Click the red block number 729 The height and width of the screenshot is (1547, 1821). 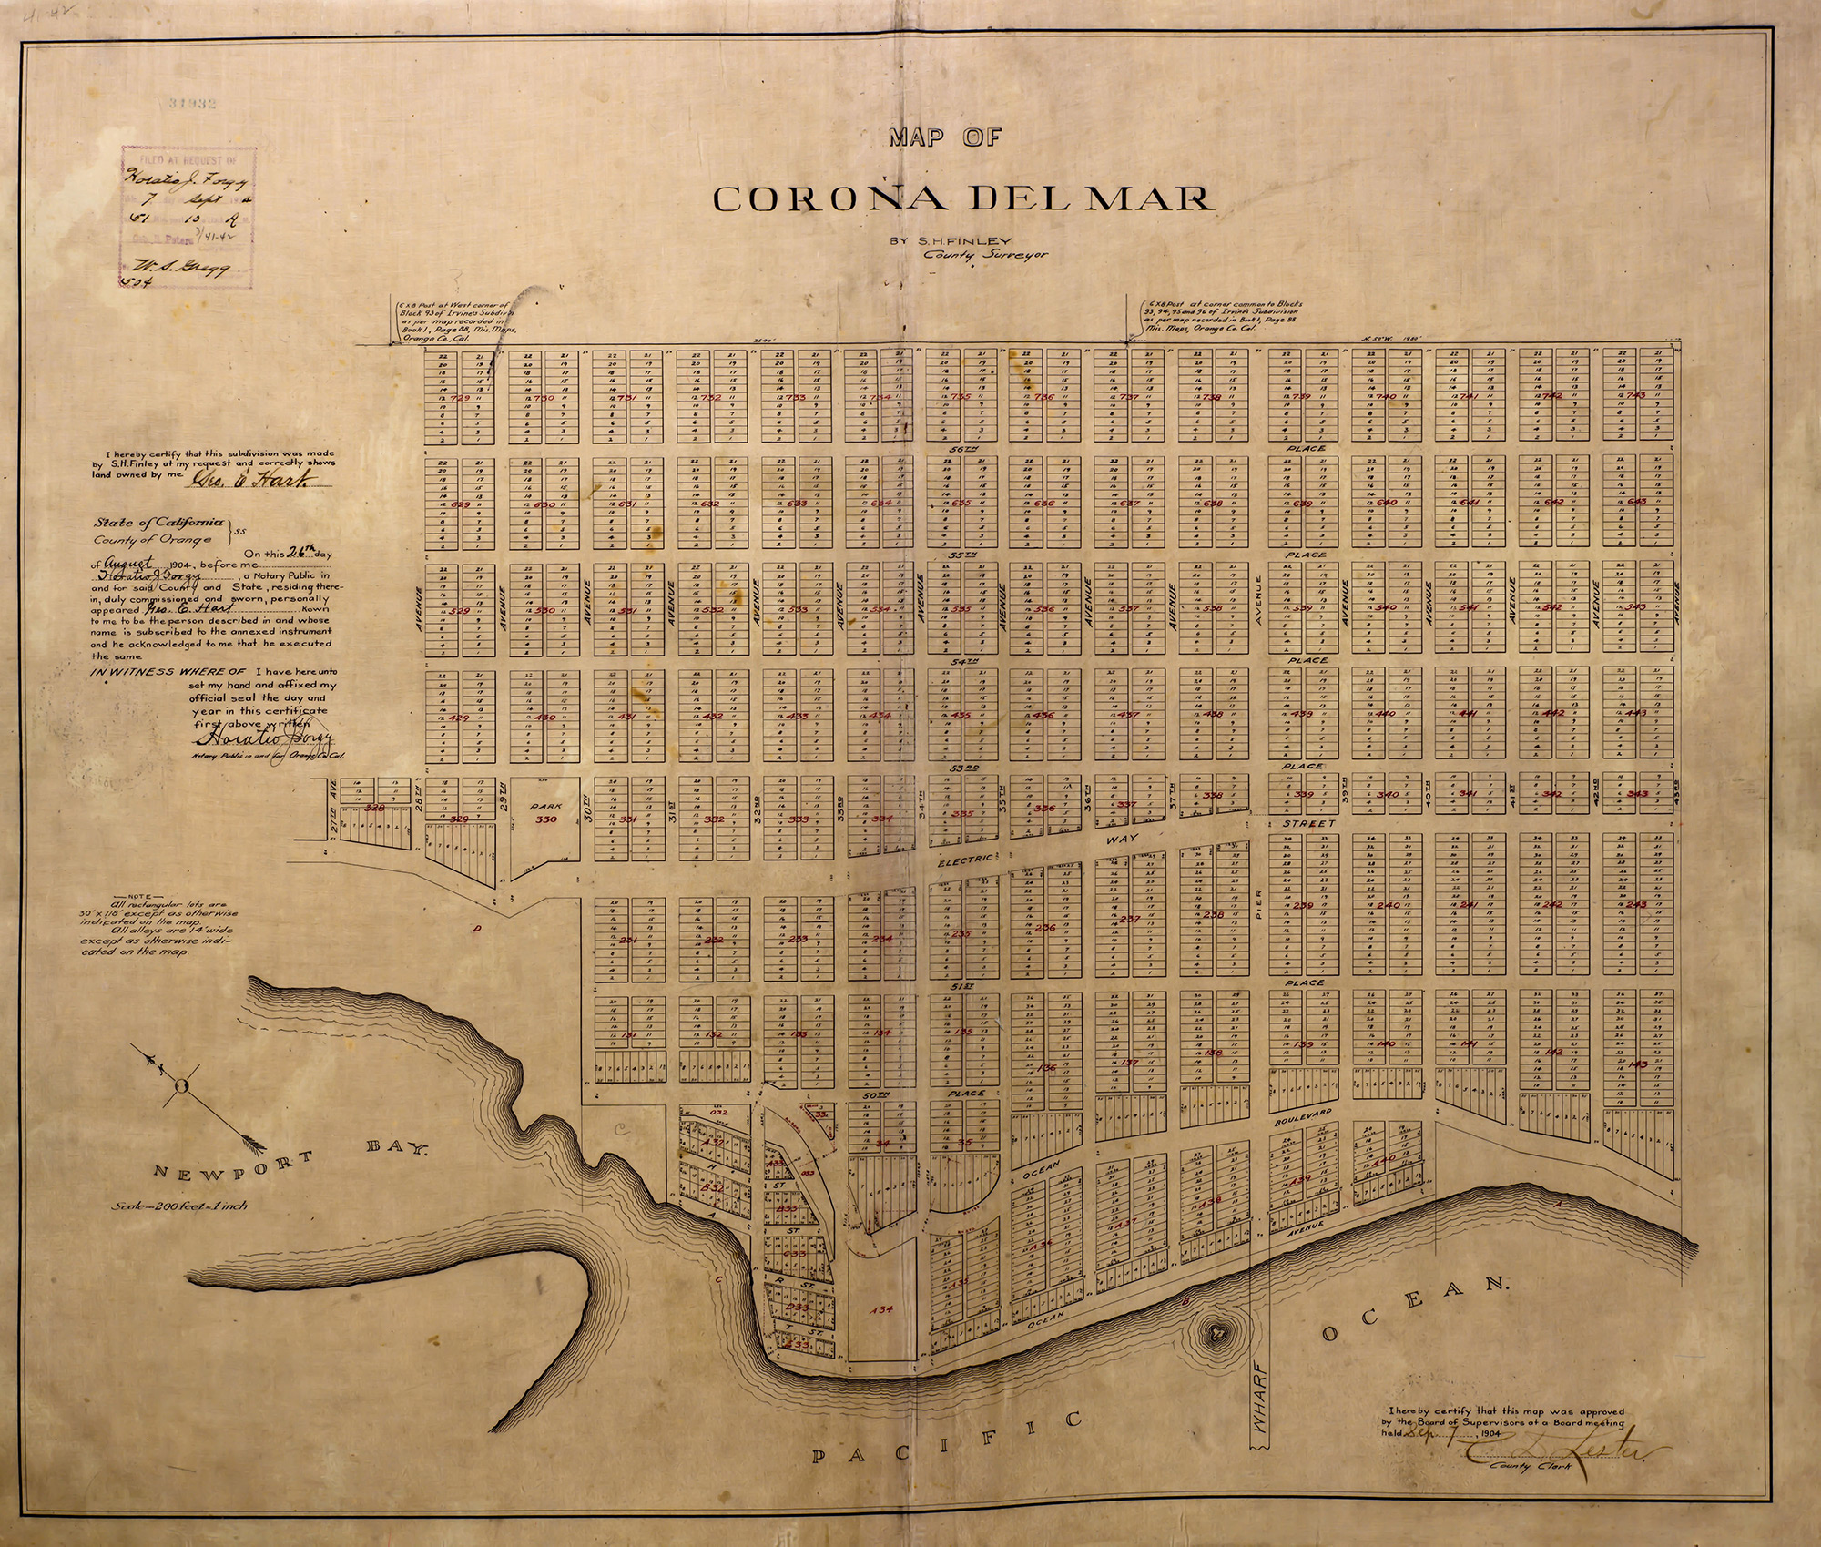pyautogui.click(x=460, y=399)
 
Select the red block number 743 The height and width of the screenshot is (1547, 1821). pyautogui.click(x=1636, y=395)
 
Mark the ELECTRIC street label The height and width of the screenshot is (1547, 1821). pyautogui.click(x=963, y=858)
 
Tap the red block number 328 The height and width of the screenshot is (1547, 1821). pyautogui.click(x=374, y=807)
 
